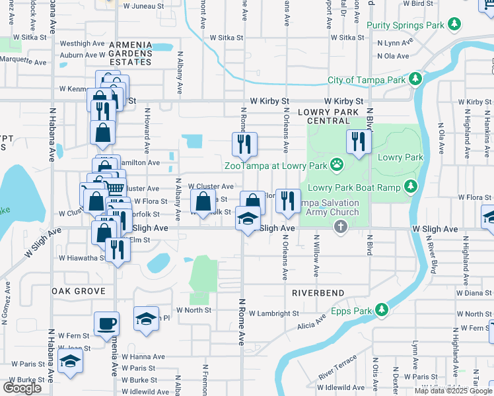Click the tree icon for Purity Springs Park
click(454, 25)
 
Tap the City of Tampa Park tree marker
click(415, 80)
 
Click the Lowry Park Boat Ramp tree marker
click(411, 187)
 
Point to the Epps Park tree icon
click(381, 309)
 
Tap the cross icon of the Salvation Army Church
click(341, 227)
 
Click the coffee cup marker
click(106, 323)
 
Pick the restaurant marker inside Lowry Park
click(359, 141)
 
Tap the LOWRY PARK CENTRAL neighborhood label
click(332, 116)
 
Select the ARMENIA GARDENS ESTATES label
click(130, 53)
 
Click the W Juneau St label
click(141, 5)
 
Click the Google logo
click(22, 388)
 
